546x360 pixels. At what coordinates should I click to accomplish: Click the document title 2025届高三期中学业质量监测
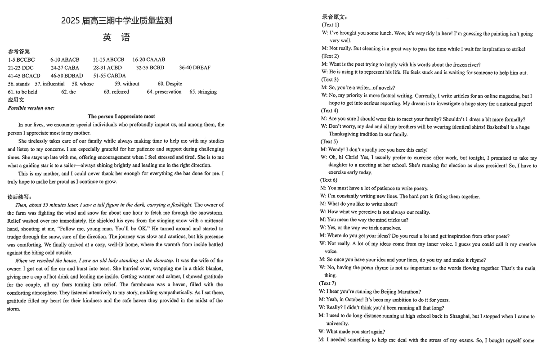[116, 21]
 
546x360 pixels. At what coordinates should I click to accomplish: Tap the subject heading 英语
[116, 37]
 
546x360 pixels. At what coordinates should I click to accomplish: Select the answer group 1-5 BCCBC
[21, 59]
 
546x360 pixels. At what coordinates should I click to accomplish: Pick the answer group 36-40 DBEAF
[194, 67]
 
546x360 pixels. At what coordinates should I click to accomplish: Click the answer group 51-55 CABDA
[109, 76]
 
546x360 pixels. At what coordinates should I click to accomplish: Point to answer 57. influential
[49, 84]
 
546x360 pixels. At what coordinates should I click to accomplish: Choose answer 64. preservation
[164, 92]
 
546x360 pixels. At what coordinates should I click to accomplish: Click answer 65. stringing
[203, 92]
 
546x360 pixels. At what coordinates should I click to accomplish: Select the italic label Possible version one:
[31, 108]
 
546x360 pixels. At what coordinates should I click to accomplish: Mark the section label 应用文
[16, 99]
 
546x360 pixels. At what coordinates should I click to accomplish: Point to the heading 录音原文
[334, 17]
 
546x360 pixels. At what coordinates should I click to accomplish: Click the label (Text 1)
[331, 25]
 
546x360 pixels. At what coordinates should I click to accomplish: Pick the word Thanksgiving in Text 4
[344, 134]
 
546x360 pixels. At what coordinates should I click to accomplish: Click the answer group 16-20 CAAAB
[149, 59]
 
